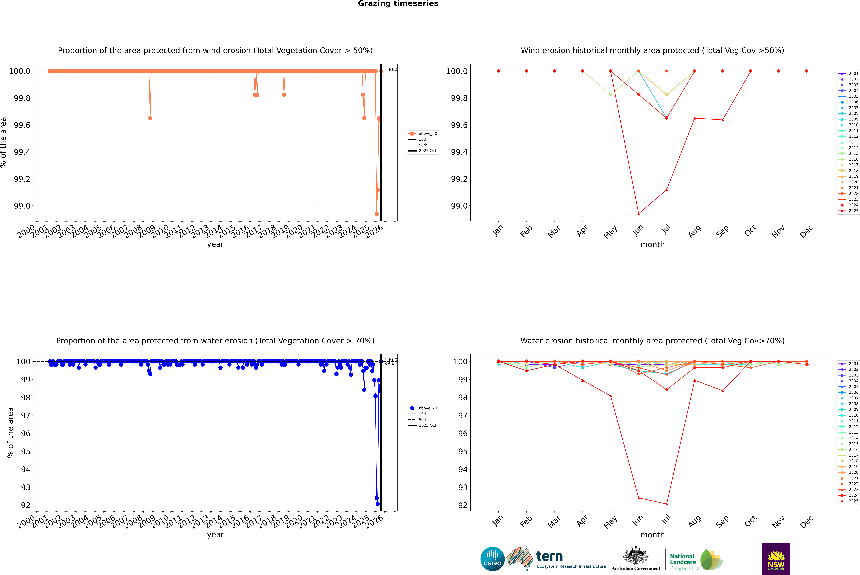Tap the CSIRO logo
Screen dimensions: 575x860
tap(492, 559)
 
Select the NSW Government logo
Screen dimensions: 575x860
tap(776, 559)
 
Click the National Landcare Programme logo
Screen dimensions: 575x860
tap(695, 560)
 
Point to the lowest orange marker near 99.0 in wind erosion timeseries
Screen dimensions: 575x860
tap(376, 214)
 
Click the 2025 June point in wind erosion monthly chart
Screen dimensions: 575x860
tap(639, 214)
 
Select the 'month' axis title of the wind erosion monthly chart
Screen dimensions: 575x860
tap(652, 245)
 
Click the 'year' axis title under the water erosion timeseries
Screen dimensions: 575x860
tap(215, 535)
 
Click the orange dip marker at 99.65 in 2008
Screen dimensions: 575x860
tap(150, 118)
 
